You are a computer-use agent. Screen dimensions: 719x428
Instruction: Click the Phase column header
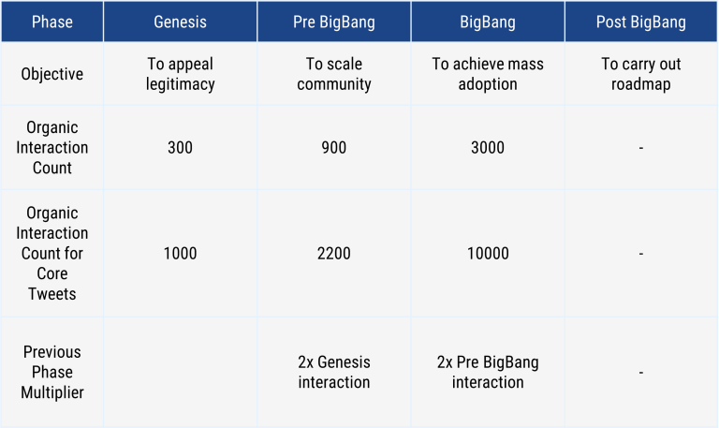(52, 22)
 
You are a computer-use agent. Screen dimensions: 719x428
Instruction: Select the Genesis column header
(180, 22)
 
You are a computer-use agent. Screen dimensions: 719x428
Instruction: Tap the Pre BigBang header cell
(334, 22)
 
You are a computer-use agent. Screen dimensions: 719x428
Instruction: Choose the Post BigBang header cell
(641, 22)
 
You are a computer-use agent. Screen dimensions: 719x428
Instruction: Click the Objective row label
(52, 74)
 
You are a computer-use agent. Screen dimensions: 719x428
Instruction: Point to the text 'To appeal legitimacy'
(180, 74)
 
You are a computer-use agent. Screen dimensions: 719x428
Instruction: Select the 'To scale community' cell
(334, 74)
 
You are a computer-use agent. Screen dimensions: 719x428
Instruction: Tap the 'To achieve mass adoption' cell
(488, 74)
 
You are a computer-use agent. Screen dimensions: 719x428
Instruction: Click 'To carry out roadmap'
(641, 74)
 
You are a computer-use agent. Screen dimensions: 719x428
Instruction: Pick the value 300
(180, 148)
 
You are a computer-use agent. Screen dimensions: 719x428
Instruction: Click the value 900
(334, 148)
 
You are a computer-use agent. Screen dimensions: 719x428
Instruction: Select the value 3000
(488, 148)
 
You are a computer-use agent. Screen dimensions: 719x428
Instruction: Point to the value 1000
(180, 253)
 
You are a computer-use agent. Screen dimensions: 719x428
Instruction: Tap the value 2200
(334, 253)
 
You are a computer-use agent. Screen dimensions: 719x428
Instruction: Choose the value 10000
(488, 253)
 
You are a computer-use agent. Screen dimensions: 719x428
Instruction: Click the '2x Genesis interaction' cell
(334, 372)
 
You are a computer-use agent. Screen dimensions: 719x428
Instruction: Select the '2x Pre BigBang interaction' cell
(488, 372)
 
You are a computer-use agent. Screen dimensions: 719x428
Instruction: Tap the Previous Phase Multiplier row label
(52, 372)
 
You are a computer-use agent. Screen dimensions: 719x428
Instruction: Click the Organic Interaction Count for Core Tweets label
(52, 253)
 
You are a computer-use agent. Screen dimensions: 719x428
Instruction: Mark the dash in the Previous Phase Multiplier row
(641, 373)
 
